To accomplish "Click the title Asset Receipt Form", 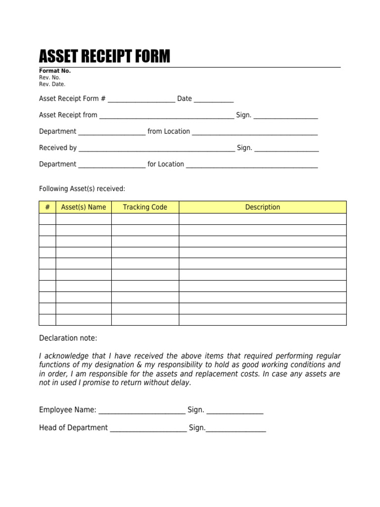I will (104, 57).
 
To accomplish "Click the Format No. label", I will (55, 71).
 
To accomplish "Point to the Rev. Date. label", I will (52, 84).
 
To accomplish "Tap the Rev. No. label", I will (49, 78).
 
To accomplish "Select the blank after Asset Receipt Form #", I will (141, 100).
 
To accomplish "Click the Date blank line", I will (213, 100).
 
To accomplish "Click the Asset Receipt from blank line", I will (166, 116).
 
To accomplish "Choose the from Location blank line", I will (254, 132).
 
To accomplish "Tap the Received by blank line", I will (156, 149).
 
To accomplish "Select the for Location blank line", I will (251, 165).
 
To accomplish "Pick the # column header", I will (47, 207).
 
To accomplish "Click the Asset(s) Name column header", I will (83, 207).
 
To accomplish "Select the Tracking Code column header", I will (145, 207).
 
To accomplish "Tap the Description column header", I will (262, 207).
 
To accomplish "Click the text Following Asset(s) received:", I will (82, 188).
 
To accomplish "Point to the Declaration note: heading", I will (68, 338).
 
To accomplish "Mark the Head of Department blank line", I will (148, 429).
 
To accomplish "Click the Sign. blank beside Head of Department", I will (236, 429).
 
